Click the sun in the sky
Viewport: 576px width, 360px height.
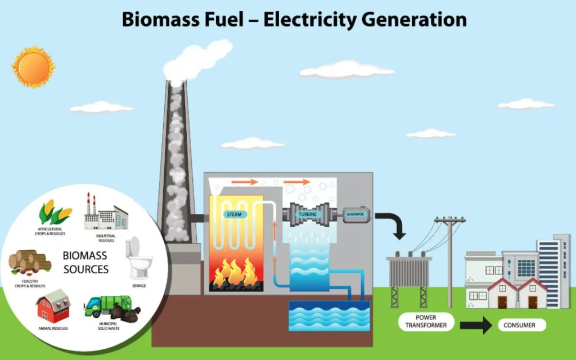pos(34,66)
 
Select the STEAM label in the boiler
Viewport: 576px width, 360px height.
pos(234,214)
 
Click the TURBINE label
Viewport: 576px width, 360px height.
pos(308,215)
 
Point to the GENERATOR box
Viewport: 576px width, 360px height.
pos(356,215)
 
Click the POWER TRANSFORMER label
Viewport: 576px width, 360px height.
pos(426,321)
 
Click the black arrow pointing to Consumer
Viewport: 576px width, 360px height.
pos(476,325)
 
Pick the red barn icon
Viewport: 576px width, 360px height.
pos(53,307)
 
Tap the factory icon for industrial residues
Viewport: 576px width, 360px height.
pos(105,213)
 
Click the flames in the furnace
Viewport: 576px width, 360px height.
pos(233,271)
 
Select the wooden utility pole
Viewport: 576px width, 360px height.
pos(449,259)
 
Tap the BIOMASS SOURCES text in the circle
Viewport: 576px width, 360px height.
pos(85,263)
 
